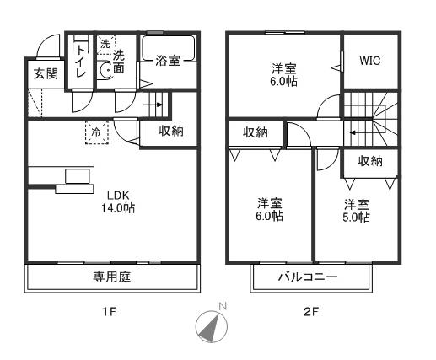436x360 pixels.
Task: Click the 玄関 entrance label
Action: (x=46, y=74)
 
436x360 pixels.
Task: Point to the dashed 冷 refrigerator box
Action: (x=96, y=132)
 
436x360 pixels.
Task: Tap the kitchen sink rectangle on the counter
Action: (x=77, y=176)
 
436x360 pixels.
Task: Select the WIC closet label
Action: (x=370, y=62)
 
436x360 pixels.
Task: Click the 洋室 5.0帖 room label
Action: (x=356, y=211)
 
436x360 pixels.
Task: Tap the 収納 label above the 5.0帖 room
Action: (x=370, y=161)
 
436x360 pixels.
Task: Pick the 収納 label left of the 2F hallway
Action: (x=256, y=132)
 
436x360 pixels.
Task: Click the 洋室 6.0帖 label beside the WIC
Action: (x=283, y=74)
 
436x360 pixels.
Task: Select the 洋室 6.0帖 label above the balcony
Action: (x=270, y=209)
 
